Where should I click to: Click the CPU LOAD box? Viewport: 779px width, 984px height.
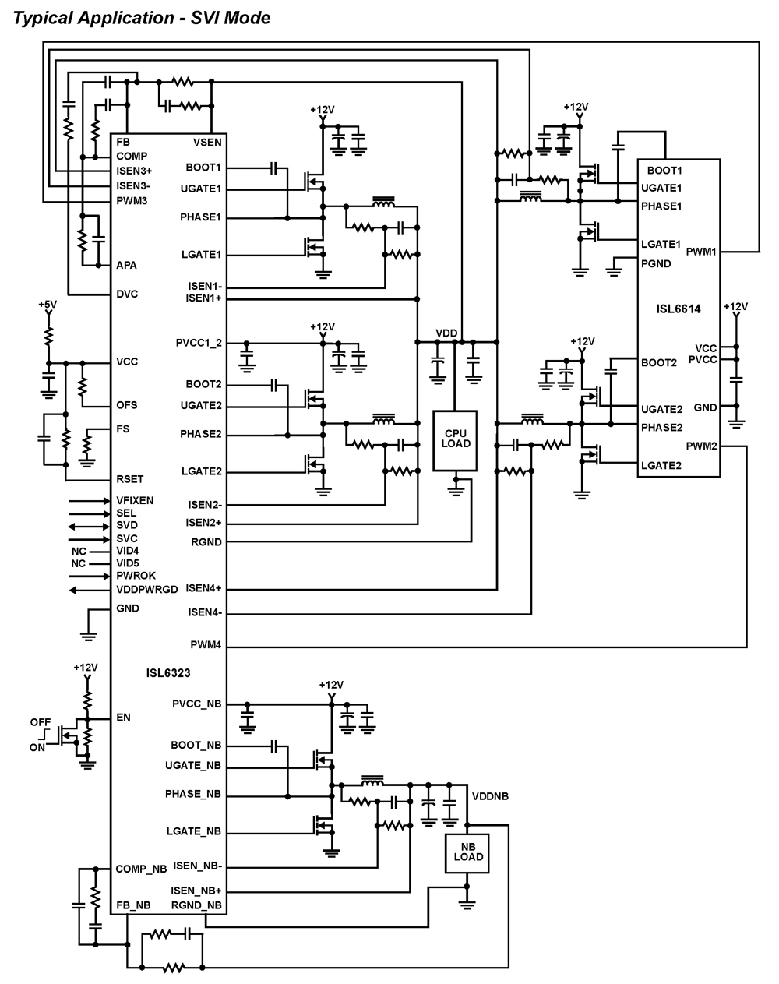tap(455, 441)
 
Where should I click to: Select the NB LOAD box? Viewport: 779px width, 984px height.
tap(467, 853)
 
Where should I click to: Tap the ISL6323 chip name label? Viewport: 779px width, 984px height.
tap(168, 673)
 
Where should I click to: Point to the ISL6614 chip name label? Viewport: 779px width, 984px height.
tap(679, 309)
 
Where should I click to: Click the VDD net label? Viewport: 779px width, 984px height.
tap(446, 333)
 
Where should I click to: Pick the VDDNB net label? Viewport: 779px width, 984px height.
tap(490, 796)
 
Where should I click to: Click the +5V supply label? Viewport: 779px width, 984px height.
tap(48, 304)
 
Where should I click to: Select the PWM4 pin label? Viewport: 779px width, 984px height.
tap(206, 645)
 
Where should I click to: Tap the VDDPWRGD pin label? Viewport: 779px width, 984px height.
tap(146, 590)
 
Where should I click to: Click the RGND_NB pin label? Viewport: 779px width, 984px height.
tap(196, 905)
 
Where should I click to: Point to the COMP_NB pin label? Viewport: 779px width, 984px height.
tap(141, 869)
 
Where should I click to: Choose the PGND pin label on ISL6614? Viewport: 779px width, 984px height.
tap(656, 264)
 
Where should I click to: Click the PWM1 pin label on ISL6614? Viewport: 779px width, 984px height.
tap(701, 252)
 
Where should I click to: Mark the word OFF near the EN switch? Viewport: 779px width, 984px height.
tap(41, 722)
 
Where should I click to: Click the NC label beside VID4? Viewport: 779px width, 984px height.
tap(79, 552)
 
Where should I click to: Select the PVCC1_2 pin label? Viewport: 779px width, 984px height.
tap(199, 343)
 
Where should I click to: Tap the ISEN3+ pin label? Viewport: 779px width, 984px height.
tap(134, 171)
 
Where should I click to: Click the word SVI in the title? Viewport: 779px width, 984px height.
tap(204, 18)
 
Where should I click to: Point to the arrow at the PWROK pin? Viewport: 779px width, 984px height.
tap(89, 576)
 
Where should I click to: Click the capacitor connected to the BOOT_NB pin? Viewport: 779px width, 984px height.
tap(274, 746)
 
